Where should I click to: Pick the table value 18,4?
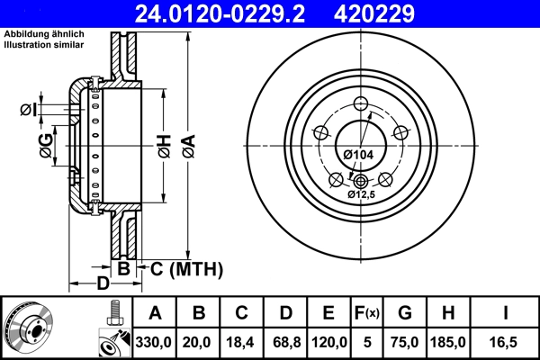click(x=240, y=343)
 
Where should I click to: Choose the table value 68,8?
click(x=284, y=343)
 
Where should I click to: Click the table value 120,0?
click(x=328, y=343)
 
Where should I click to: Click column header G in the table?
click(x=404, y=313)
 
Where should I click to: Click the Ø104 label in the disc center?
click(x=359, y=155)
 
